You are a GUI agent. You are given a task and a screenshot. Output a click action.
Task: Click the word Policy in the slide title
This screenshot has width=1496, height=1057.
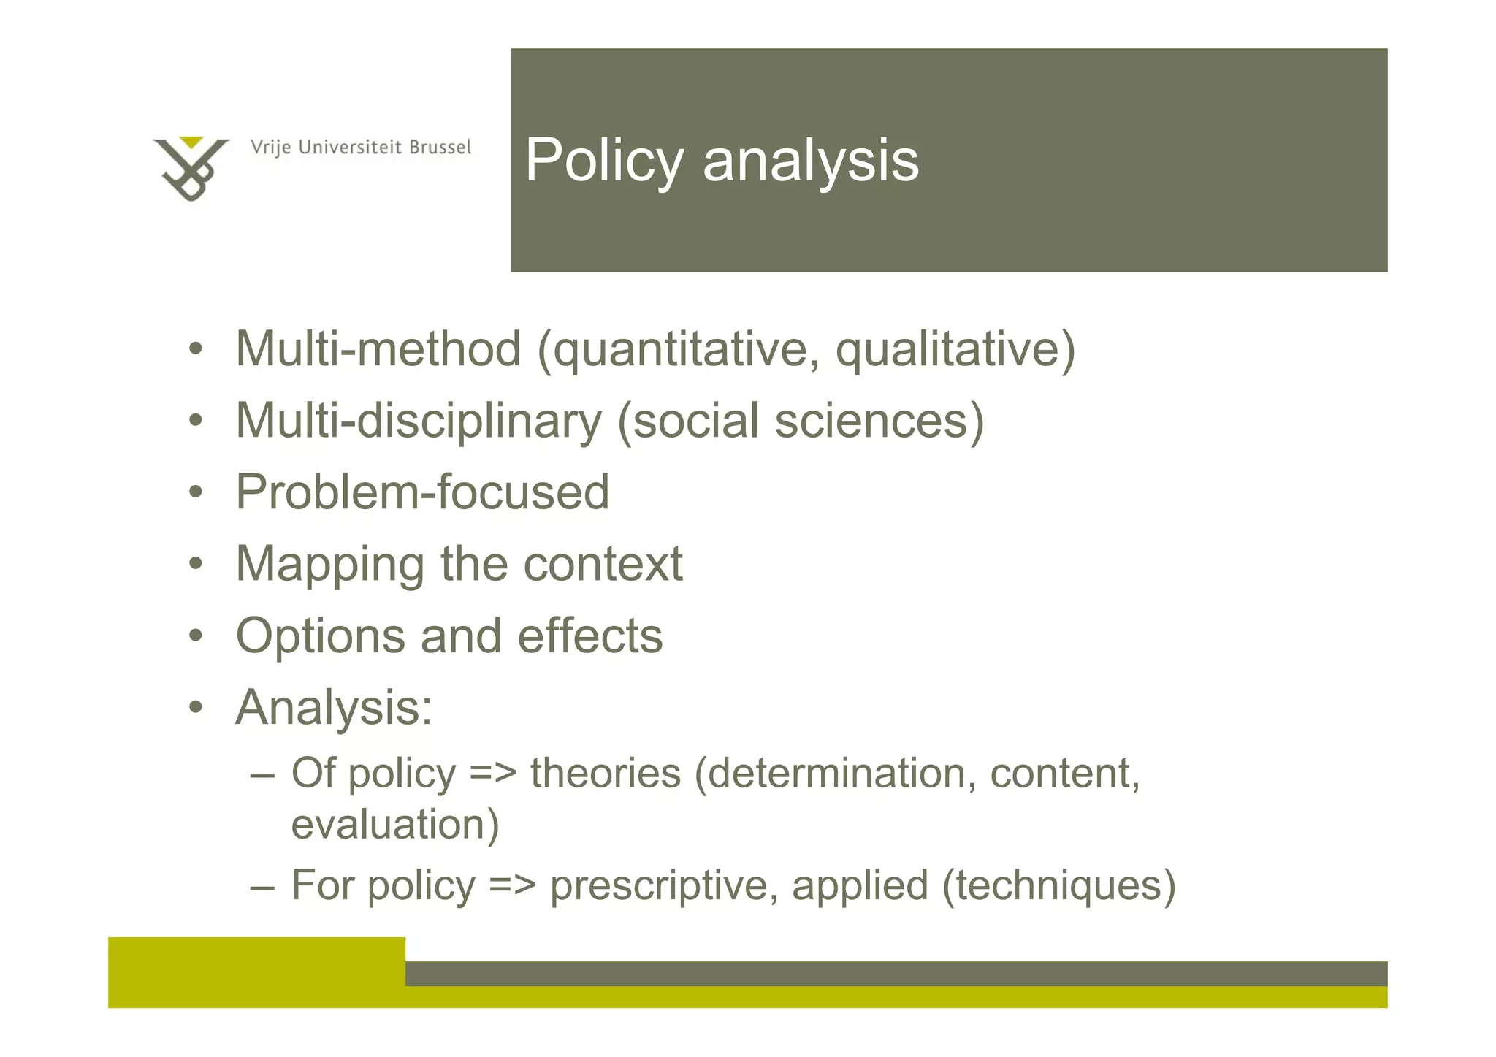coord(604,161)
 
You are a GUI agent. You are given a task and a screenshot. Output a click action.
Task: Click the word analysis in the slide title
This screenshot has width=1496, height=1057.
coord(810,161)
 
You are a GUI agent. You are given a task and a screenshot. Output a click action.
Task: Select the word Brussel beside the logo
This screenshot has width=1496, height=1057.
coord(440,148)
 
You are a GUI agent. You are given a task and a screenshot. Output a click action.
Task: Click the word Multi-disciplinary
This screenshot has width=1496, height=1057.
coord(419,421)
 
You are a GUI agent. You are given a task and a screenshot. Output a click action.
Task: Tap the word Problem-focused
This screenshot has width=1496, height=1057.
coord(422,492)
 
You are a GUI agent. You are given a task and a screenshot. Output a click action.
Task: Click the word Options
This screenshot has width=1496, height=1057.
coord(320,636)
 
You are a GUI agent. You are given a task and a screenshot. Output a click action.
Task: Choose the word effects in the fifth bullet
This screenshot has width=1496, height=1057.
coord(589,636)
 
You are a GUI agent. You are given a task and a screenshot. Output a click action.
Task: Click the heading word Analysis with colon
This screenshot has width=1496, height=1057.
coord(334,708)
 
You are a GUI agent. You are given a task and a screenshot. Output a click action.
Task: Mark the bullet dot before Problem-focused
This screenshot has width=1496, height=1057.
coord(194,492)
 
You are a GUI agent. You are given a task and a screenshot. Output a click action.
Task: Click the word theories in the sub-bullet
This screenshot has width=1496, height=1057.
coord(605,774)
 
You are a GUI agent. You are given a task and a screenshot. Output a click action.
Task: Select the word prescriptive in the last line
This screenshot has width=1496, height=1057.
coord(663,885)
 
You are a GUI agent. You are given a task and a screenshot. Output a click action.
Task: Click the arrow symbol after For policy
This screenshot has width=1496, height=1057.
coord(512,886)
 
